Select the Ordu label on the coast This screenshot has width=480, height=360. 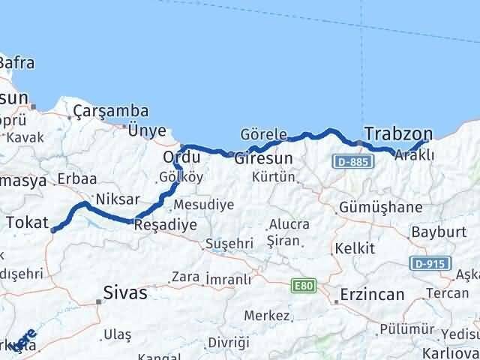(x=181, y=159)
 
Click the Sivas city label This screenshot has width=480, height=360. (x=125, y=292)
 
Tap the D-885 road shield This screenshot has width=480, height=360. (x=350, y=163)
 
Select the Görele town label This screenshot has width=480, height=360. (x=263, y=134)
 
